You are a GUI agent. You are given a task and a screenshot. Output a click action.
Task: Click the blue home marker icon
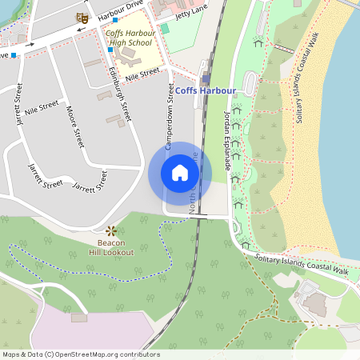tap(180, 172)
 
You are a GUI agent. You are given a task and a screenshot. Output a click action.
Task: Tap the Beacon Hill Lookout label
tap(110, 247)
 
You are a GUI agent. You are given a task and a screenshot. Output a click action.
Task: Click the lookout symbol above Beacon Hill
tap(111, 231)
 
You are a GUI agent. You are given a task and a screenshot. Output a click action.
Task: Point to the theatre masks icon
tap(81, 16)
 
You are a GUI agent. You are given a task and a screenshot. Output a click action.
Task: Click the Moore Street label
tap(76, 126)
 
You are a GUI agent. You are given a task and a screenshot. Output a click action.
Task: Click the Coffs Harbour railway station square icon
tap(206, 78)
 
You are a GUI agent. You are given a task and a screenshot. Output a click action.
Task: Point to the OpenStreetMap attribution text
tap(81, 354)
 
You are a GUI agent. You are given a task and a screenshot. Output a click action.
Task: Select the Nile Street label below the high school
tap(142, 73)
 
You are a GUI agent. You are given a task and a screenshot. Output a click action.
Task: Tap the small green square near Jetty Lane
tap(165, 28)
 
